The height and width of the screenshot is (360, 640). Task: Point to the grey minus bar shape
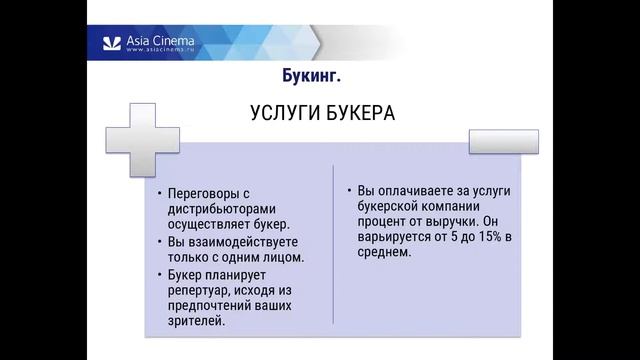(503, 142)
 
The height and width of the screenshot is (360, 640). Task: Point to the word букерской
(384, 205)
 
